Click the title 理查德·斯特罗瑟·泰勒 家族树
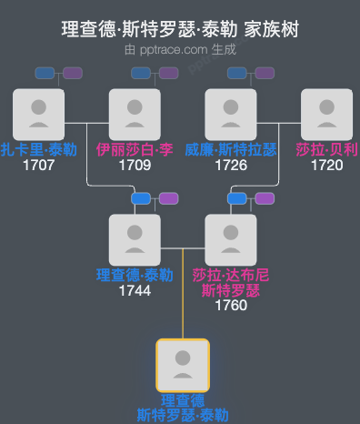point(180,30)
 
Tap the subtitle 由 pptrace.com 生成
point(180,50)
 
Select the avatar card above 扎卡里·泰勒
point(38,115)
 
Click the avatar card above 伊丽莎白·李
point(135,115)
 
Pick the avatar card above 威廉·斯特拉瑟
point(231,115)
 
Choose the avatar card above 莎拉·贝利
point(326,115)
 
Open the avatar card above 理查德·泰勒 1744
point(135,239)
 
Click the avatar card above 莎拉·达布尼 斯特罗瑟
point(231,239)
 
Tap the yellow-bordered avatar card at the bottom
point(183,365)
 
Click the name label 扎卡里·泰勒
point(38,149)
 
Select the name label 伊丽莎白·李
point(135,149)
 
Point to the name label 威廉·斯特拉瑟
point(231,149)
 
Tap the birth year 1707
point(38,165)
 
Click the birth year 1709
point(135,165)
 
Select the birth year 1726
point(231,165)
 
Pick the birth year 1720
point(326,165)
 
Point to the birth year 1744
point(135,290)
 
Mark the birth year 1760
point(231,306)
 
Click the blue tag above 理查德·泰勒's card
point(141,198)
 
